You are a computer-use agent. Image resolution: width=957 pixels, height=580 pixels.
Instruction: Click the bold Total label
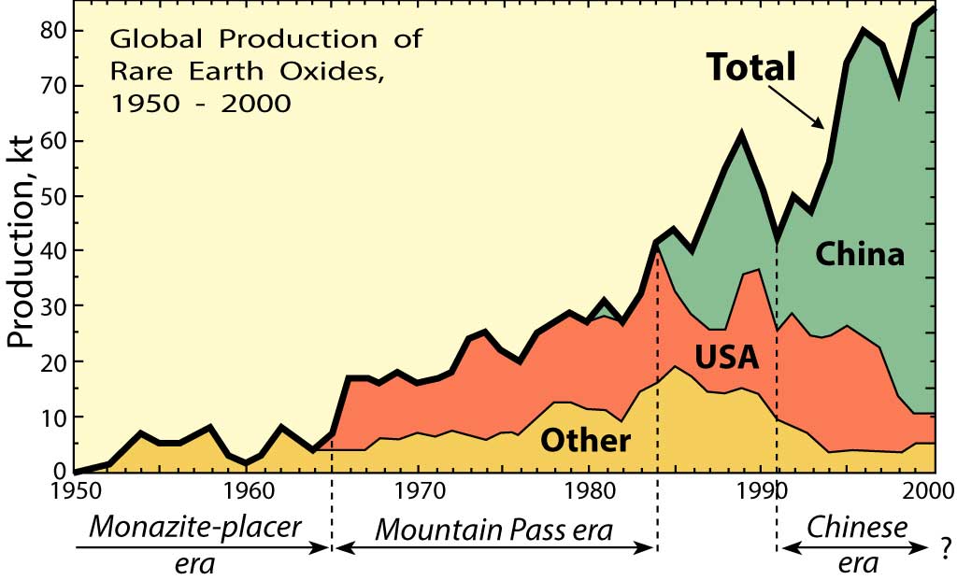point(750,67)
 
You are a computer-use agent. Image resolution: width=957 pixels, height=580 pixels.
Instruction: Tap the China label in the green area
point(860,253)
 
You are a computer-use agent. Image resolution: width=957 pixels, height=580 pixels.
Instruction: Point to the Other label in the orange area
point(587,440)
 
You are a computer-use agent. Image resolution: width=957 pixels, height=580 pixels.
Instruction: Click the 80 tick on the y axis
point(54,31)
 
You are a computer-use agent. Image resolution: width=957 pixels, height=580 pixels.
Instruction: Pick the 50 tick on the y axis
point(54,196)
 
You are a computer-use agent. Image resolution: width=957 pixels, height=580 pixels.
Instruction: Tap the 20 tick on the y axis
point(54,361)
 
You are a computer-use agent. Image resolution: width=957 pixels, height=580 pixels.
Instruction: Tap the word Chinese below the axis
point(858,528)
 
